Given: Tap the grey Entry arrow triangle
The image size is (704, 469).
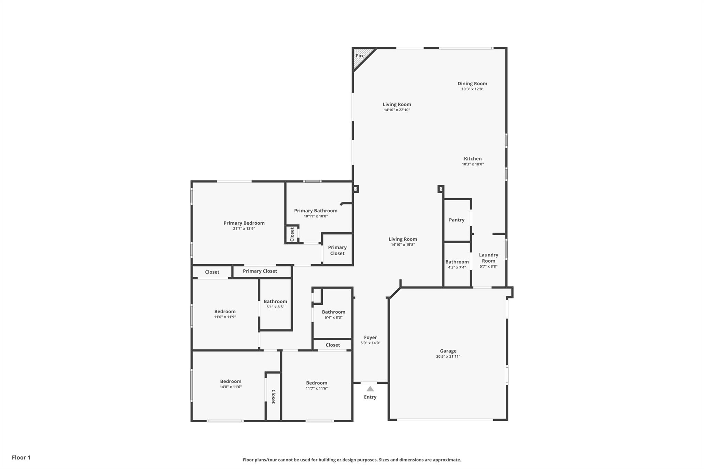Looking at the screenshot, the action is (x=370, y=389).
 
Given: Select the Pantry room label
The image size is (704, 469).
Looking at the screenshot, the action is (x=456, y=220).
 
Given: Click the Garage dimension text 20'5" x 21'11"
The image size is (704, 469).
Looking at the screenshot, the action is (x=448, y=357).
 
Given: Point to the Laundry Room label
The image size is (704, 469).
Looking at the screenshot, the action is (x=488, y=258).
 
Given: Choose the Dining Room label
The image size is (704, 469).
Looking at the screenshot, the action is (x=472, y=83).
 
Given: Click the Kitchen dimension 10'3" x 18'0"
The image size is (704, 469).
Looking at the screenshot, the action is (x=473, y=164).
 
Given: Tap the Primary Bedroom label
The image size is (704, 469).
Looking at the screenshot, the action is (x=244, y=223).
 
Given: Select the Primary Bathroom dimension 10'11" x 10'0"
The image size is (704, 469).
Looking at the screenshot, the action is (x=316, y=216).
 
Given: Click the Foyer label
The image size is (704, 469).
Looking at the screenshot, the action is (x=370, y=337).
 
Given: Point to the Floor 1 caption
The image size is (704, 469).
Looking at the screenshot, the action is (x=21, y=457).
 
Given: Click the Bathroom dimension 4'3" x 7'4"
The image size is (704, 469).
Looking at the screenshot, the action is (x=457, y=267).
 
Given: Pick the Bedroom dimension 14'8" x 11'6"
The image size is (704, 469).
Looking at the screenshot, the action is (x=231, y=387).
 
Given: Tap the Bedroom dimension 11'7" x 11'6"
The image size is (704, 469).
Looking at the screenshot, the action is (x=317, y=389).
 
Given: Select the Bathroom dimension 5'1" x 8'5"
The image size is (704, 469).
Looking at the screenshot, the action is (x=275, y=307).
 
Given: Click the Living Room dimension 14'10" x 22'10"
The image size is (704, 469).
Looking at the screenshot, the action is (x=397, y=110).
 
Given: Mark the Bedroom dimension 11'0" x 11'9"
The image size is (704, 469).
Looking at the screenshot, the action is (x=225, y=317).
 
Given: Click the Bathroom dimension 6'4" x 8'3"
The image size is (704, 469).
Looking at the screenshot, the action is (x=333, y=317).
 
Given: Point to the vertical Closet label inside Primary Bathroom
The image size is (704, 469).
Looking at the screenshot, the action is (x=292, y=234).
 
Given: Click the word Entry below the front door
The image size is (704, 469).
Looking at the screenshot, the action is (x=370, y=397).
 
